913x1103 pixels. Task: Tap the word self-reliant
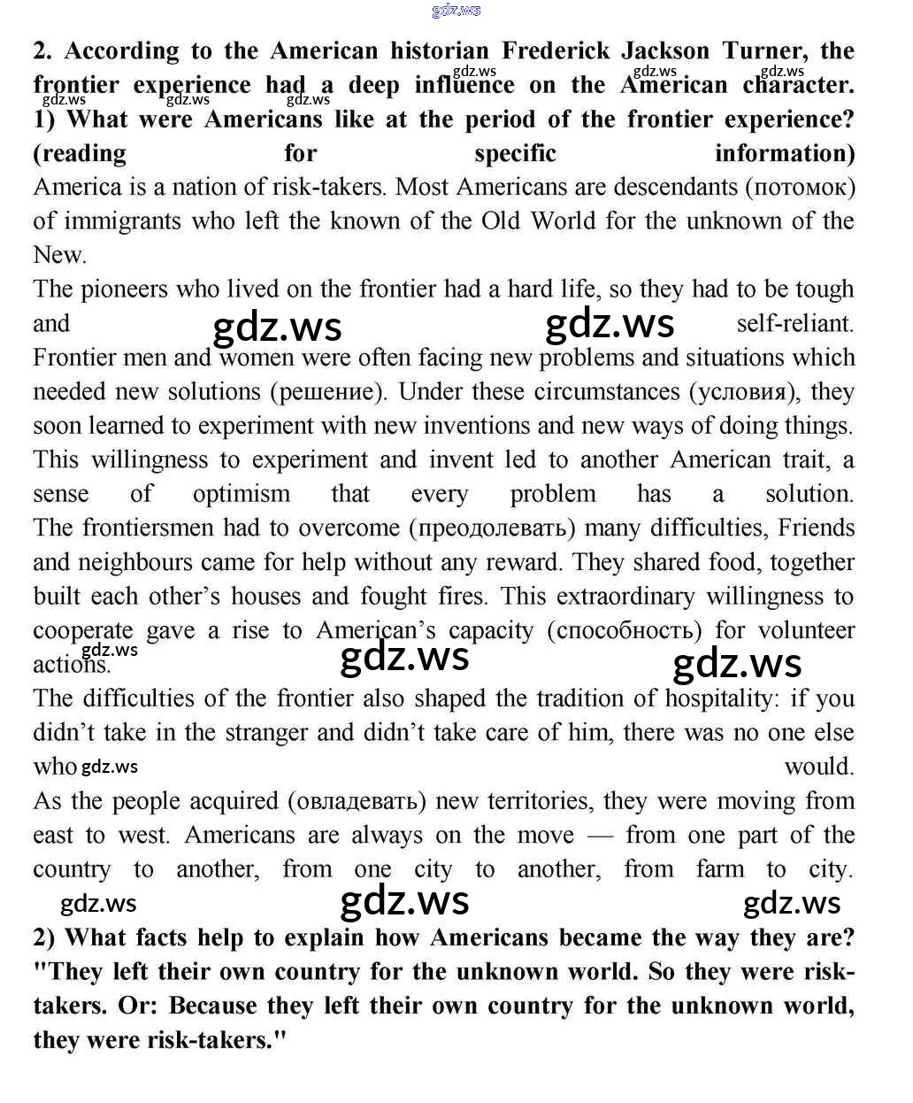[x=794, y=323]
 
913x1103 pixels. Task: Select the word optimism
[x=242, y=494]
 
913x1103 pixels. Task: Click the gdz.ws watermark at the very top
[x=456, y=10]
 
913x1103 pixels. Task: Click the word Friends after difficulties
[x=816, y=528]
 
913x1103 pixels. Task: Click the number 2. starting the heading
[x=43, y=50]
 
